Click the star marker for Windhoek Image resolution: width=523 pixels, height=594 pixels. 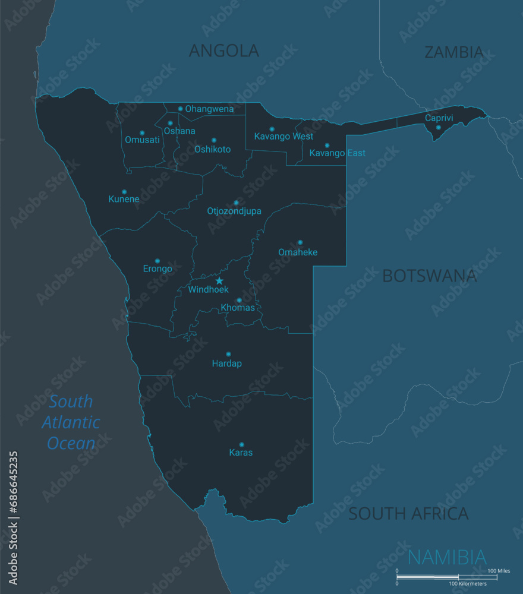(x=219, y=280)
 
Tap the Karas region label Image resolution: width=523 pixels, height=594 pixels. (x=241, y=453)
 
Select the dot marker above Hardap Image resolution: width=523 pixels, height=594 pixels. (x=228, y=354)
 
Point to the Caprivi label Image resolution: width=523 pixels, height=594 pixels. (x=439, y=118)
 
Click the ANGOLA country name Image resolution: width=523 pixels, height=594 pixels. (x=224, y=51)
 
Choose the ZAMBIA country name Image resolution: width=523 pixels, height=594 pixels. (x=453, y=52)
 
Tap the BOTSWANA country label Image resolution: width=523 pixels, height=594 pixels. (x=429, y=276)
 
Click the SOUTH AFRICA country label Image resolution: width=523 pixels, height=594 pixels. (x=408, y=514)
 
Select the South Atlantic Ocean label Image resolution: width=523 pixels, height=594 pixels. (x=71, y=422)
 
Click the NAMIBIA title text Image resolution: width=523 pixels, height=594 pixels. (x=448, y=557)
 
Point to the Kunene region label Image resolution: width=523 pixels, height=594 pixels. (x=124, y=199)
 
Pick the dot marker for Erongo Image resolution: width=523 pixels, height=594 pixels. (x=157, y=261)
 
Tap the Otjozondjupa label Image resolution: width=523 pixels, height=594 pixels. (x=234, y=211)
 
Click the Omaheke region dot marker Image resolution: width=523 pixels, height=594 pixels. (x=300, y=242)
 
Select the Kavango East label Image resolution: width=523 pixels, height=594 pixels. (x=338, y=153)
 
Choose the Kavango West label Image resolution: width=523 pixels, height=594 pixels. (x=283, y=137)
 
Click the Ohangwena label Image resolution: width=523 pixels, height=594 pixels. (x=209, y=109)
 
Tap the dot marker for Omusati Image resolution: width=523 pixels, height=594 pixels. (x=142, y=132)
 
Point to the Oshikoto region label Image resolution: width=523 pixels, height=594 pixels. (x=212, y=149)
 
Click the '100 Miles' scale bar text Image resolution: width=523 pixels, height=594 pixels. (x=499, y=571)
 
